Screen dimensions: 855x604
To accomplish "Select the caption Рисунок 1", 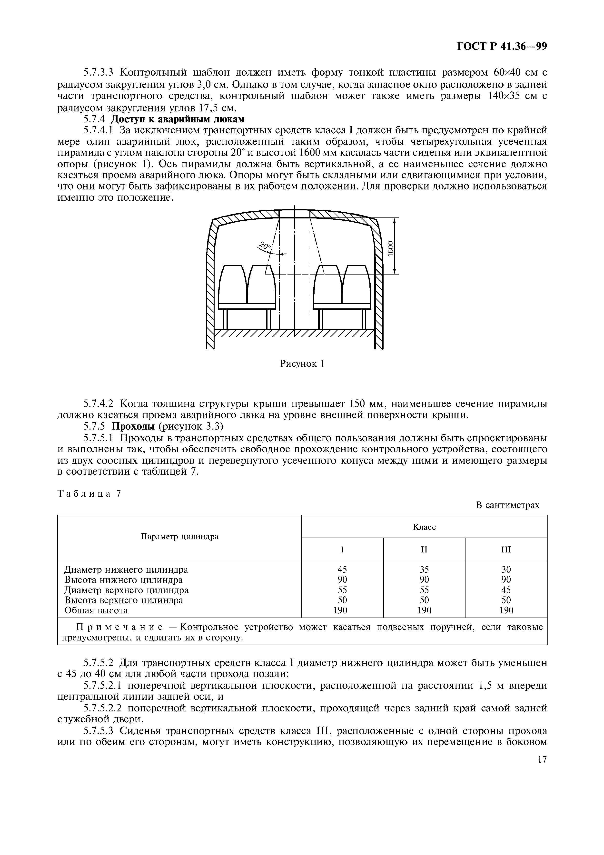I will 302,364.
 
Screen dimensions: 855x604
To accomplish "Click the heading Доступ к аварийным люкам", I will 178,119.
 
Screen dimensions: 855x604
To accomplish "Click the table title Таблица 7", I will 89,494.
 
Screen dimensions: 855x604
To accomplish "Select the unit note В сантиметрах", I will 507,505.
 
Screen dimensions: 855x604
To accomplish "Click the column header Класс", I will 424,527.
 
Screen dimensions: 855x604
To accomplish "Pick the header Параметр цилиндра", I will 179,537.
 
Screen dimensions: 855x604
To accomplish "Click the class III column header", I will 506,550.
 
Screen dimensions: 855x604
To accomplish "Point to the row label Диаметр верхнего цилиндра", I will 127,590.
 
